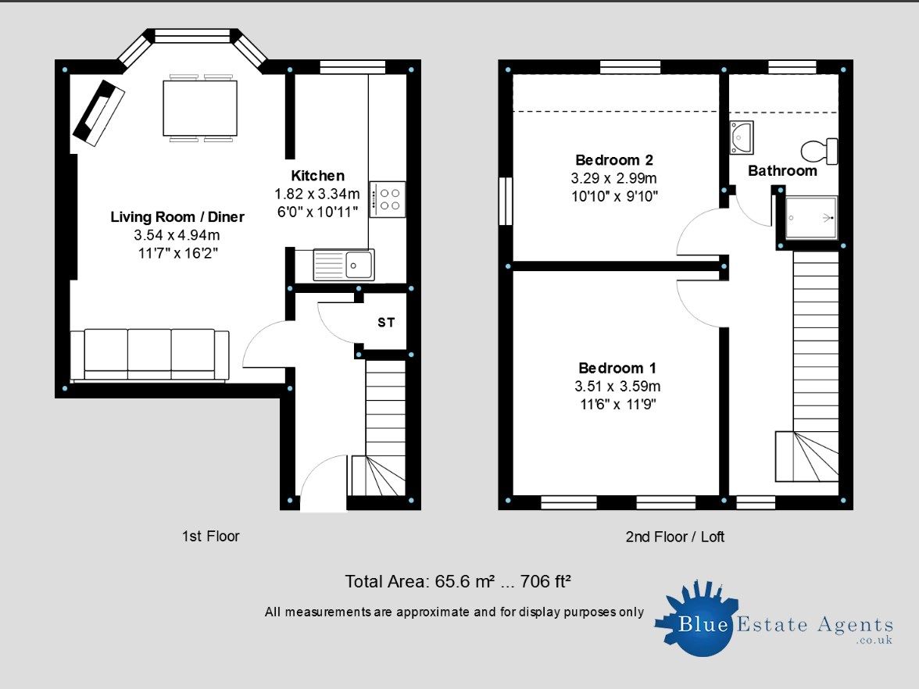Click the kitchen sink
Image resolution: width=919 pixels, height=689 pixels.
coord(344,265)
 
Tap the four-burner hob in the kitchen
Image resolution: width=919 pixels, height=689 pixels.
coord(388,199)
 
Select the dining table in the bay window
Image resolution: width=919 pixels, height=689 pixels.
coord(200,108)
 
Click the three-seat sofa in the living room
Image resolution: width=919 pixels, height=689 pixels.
coord(149,354)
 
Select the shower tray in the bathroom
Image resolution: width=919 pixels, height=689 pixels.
coord(810,216)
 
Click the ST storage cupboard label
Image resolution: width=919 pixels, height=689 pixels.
coord(386,322)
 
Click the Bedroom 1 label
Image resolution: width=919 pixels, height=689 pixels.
coord(617,368)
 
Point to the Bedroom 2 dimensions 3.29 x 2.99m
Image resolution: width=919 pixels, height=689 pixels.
coord(613,178)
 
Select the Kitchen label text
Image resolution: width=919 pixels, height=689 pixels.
coord(317,176)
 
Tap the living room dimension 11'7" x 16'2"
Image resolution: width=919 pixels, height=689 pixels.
coord(177,252)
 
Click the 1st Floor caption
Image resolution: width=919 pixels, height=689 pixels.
coord(210,537)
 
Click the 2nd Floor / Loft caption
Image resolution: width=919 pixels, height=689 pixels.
coord(675,537)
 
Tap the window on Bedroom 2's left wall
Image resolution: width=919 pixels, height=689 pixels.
coord(506,202)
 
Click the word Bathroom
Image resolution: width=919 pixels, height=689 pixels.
coord(782,170)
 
